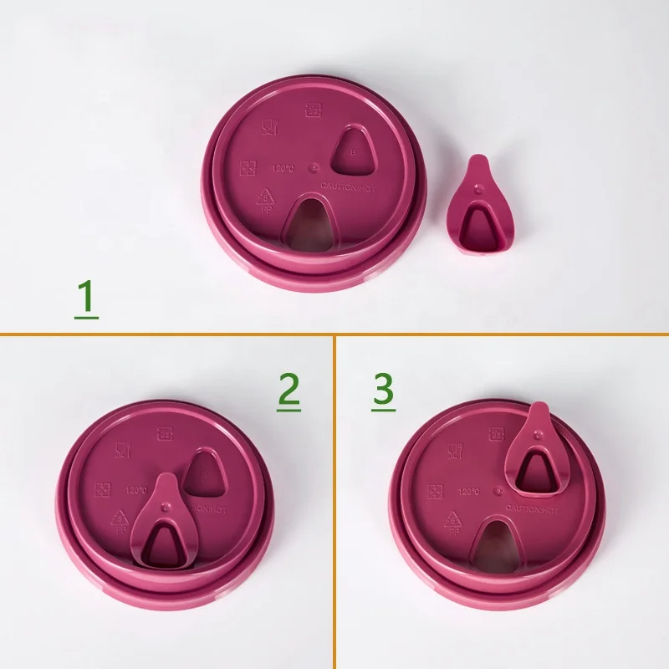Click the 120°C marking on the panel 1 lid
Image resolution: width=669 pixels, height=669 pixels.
pyautogui.click(x=283, y=169)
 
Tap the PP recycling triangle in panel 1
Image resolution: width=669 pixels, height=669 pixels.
pyautogui.click(x=266, y=200)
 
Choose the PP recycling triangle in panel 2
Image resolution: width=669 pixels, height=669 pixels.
pyautogui.click(x=120, y=521)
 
